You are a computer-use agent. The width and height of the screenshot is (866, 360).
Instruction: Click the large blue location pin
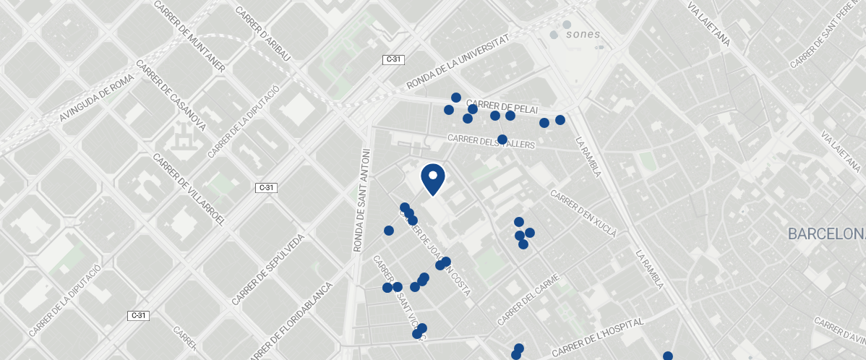point(432,179)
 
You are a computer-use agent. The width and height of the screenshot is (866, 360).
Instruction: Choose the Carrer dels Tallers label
point(491,142)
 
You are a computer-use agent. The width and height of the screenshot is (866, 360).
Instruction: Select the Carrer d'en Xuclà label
point(583,214)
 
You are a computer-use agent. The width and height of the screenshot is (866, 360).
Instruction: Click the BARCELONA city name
point(826,234)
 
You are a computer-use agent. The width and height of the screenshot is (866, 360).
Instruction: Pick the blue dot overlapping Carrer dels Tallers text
point(502,140)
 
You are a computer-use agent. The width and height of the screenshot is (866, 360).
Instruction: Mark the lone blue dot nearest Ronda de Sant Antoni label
point(389,231)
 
